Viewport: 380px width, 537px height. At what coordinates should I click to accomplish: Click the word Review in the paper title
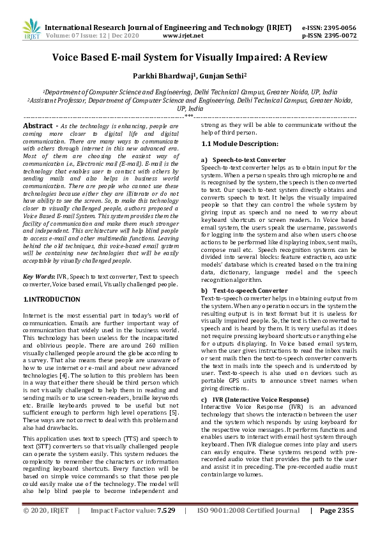click(308, 57)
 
